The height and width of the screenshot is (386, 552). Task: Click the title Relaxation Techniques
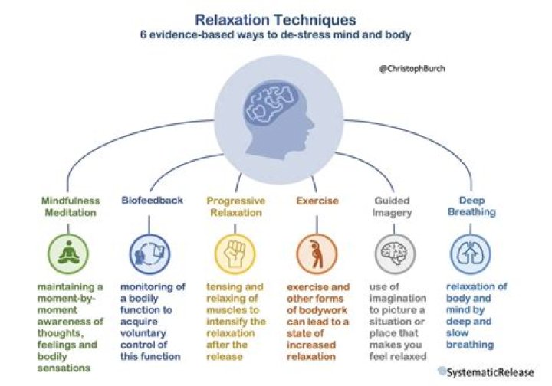pyautogui.click(x=276, y=20)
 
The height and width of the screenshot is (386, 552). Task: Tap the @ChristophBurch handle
pyautogui.click(x=412, y=69)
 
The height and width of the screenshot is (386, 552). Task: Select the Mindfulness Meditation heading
pyautogui.click(x=71, y=207)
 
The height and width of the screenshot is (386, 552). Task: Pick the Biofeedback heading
pyautogui.click(x=152, y=201)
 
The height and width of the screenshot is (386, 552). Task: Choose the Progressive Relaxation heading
pyautogui.click(x=236, y=207)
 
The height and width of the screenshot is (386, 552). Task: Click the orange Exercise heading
pyautogui.click(x=317, y=201)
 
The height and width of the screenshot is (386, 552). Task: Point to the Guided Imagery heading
pyautogui.click(x=392, y=207)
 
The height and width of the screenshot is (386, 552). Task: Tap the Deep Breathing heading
pyautogui.click(x=472, y=206)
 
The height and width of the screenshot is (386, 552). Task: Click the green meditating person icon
pyautogui.click(x=69, y=254)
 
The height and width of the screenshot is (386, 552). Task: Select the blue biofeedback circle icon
pyautogui.click(x=149, y=254)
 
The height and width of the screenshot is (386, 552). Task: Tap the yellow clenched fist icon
pyautogui.click(x=235, y=254)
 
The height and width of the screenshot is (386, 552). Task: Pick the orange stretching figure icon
pyautogui.click(x=317, y=254)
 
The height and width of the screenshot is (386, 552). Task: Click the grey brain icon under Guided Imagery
pyautogui.click(x=395, y=254)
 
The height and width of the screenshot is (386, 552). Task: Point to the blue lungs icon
pyautogui.click(x=471, y=254)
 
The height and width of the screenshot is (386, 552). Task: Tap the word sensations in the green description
pyautogui.click(x=64, y=368)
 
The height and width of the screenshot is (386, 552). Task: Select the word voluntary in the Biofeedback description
pyautogui.click(x=143, y=333)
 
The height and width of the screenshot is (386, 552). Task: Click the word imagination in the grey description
pyautogui.click(x=398, y=299)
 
